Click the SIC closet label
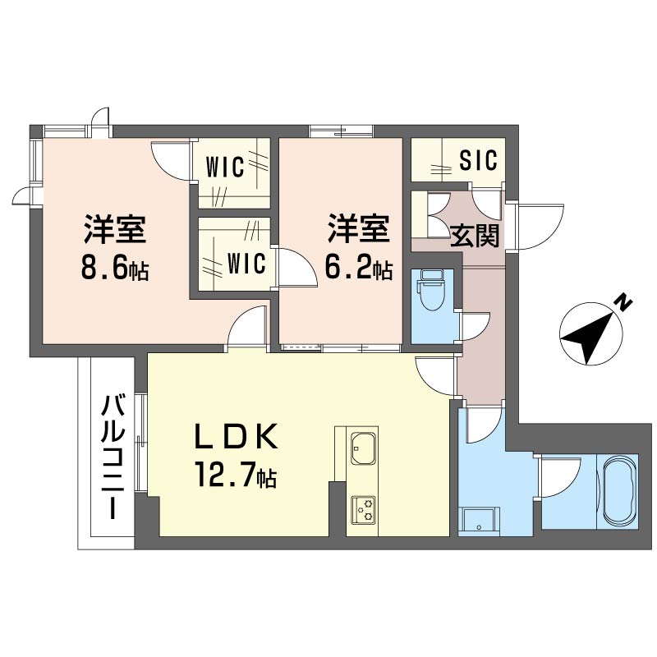(478, 160)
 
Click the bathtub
(618, 491)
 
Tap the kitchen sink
(362, 448)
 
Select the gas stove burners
(362, 510)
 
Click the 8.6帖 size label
(114, 269)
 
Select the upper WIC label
(225, 168)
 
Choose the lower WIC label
(246, 264)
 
